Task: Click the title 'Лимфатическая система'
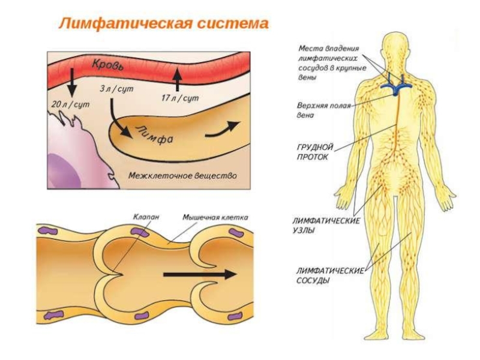(163, 25)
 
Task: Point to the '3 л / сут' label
(116, 89)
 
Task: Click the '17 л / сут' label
(179, 97)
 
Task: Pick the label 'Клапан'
(146, 217)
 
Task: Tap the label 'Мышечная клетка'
(215, 217)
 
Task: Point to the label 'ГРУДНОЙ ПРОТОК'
(313, 151)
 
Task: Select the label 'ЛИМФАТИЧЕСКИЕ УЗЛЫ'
(326, 225)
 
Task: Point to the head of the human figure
(393, 48)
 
